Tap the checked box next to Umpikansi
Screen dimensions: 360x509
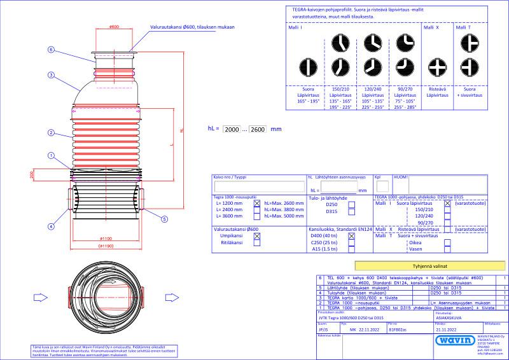point(257,235)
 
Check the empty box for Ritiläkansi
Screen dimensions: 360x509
point(257,242)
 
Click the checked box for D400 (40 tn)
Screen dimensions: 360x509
point(351,235)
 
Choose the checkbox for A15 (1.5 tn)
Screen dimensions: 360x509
point(351,250)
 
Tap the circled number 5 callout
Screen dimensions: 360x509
point(164,219)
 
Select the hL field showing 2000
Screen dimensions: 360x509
point(232,128)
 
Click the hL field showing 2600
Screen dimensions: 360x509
point(258,128)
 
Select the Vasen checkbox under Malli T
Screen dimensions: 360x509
point(447,250)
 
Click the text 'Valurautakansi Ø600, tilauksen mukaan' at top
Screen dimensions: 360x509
point(192,28)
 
